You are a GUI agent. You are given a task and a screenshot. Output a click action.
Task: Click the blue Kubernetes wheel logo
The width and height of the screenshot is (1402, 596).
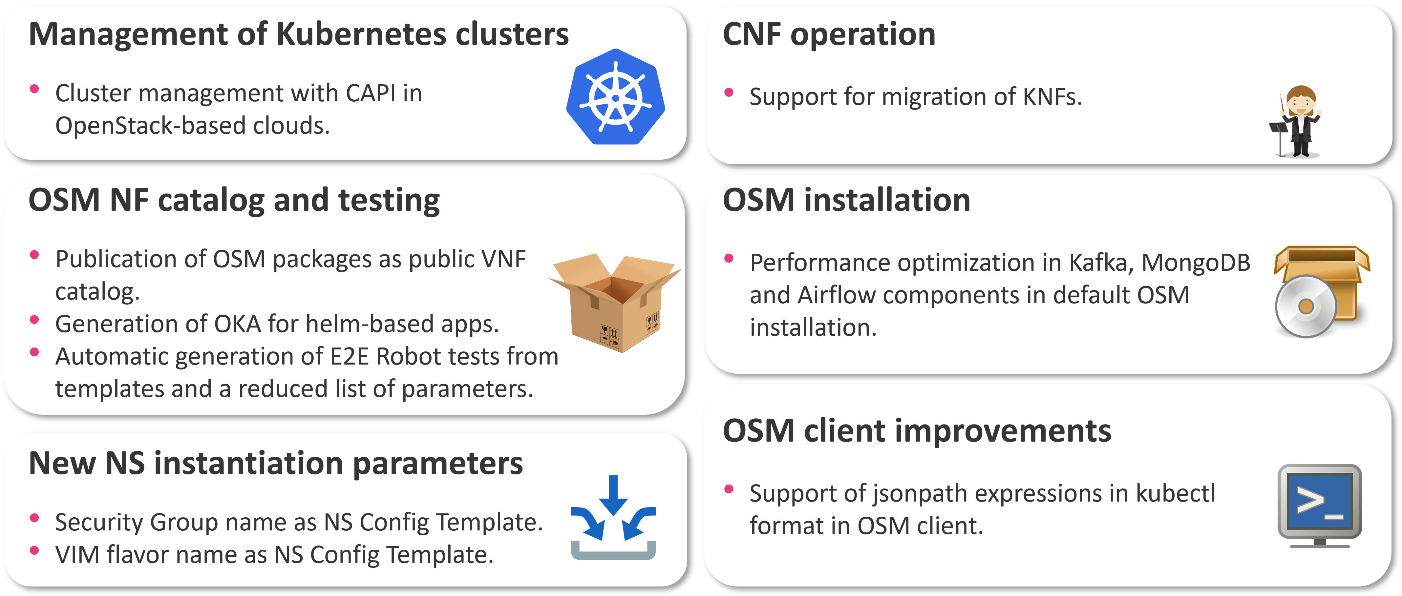click(616, 97)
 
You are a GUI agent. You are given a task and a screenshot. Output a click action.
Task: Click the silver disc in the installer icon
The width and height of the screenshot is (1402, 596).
click(1305, 306)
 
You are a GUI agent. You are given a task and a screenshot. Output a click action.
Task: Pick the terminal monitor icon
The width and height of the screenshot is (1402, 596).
click(1319, 504)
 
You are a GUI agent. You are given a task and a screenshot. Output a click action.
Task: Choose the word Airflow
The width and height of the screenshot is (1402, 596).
click(845, 296)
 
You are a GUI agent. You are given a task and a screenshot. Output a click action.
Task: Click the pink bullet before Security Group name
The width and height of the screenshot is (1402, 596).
click(34, 518)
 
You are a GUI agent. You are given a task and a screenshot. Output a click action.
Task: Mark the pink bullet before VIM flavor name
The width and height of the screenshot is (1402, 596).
click(34, 550)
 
